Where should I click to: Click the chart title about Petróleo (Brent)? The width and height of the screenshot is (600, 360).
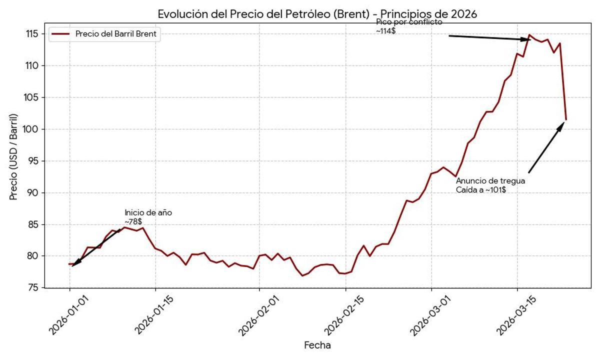[x=317, y=14]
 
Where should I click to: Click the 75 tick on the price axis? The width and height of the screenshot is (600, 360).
[x=33, y=287]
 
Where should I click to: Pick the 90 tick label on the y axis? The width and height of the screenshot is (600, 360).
[x=33, y=192]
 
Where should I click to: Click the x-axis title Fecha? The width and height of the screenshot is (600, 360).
[x=317, y=345]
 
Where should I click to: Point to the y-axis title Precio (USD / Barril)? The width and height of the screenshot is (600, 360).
[x=13, y=157]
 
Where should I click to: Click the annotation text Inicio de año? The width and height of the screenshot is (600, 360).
[x=148, y=212]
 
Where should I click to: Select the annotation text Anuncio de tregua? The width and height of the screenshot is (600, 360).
[x=490, y=181]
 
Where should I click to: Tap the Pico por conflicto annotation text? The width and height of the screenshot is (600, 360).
[x=409, y=22]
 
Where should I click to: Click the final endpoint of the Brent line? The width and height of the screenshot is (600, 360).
[x=565, y=120]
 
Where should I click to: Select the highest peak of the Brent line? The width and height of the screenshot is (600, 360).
[x=529, y=35]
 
